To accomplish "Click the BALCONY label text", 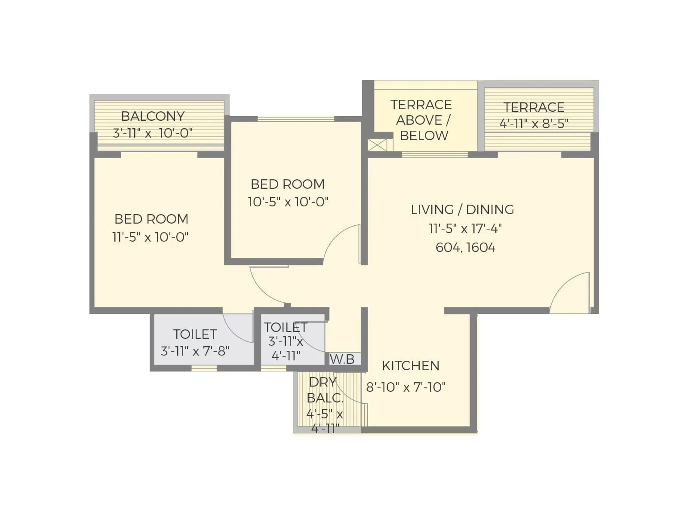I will point(153,116).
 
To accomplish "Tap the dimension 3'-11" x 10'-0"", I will point(153,133).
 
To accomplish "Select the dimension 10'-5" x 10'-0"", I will point(288,202).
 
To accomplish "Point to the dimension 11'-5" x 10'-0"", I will point(150,237).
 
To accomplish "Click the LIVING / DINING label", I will point(462,209).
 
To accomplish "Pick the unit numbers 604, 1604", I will point(465,248).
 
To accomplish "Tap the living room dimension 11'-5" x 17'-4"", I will point(465,228).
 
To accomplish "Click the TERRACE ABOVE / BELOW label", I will point(421,120).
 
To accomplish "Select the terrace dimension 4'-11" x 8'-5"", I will point(534,124).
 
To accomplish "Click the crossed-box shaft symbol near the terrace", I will point(377,145).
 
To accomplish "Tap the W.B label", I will point(342,359).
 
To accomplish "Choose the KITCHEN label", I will point(411,365).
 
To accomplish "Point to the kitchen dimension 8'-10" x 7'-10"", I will point(405,387).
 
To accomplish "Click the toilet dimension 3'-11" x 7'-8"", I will point(195,351).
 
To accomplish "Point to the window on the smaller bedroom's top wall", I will point(296,119).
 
